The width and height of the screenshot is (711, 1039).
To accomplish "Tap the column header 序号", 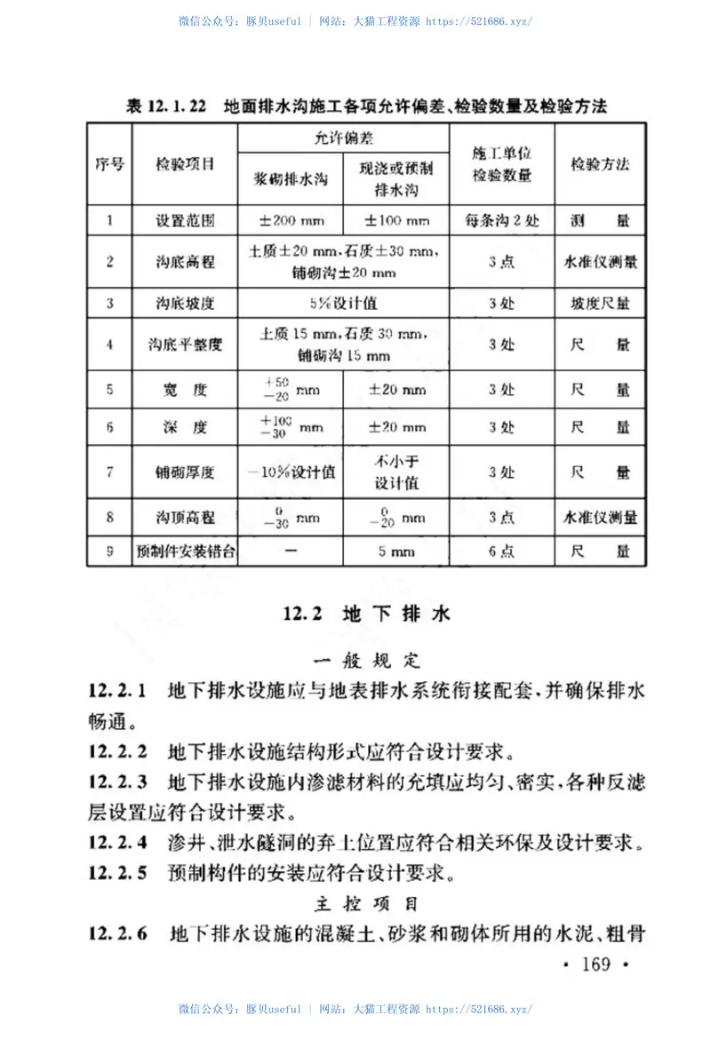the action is (109, 164).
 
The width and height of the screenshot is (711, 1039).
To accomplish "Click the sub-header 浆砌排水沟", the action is (291, 178).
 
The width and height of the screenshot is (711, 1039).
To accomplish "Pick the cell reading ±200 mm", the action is (291, 220).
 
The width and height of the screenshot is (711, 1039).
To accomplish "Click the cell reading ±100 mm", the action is (395, 220).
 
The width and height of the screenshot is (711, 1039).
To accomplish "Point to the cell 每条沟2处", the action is (501, 220).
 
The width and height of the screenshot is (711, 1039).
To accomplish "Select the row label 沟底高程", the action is (185, 262).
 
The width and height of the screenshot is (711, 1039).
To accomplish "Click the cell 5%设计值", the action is (344, 303).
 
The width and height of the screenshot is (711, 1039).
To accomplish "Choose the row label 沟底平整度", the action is (185, 345).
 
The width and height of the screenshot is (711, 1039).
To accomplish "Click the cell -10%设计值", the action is (291, 472).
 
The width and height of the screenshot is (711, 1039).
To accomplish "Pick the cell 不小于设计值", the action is (395, 472).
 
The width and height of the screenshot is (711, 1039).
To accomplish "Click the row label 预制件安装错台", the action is (185, 551).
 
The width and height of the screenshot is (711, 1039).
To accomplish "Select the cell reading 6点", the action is (501, 551).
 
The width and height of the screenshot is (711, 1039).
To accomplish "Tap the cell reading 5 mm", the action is (395, 551).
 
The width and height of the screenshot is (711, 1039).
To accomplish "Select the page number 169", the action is (594, 963).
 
